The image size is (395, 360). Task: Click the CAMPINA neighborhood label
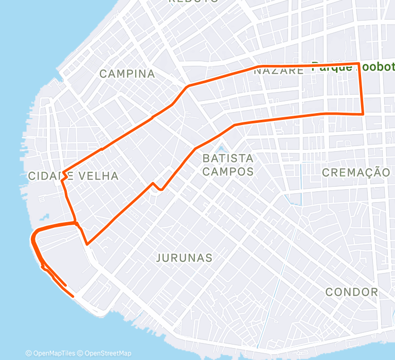(x=127, y=74)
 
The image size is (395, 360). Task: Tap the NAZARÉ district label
(x=279, y=71)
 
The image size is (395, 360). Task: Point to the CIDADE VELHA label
(x=73, y=176)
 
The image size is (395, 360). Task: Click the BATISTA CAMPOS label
(x=228, y=165)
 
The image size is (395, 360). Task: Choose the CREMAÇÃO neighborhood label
(x=356, y=172)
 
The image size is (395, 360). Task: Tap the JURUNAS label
(x=184, y=258)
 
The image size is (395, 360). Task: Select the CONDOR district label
(x=351, y=292)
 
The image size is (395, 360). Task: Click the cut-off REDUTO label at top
(x=194, y=2)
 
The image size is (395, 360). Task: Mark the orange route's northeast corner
(x=358, y=64)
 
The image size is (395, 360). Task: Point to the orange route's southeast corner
(x=363, y=114)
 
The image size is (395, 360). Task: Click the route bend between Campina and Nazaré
(x=188, y=85)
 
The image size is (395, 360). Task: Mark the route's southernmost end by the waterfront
(x=73, y=296)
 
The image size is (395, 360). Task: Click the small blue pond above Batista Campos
(x=221, y=150)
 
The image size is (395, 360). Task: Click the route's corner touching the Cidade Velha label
(x=63, y=172)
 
